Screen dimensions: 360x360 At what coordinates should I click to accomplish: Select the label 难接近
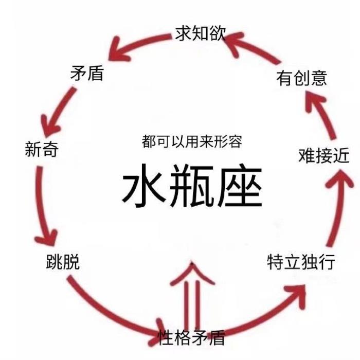tap(323, 155)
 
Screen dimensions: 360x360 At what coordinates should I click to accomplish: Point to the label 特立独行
tap(301, 262)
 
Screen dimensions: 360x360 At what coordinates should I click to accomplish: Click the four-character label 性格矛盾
tap(191, 337)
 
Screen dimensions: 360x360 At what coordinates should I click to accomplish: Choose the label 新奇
tap(42, 150)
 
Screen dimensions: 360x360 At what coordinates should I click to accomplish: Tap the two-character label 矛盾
tap(86, 73)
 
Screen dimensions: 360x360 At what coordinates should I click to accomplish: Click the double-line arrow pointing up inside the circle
tap(191, 293)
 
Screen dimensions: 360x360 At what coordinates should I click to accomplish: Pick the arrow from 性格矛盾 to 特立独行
tap(267, 314)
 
